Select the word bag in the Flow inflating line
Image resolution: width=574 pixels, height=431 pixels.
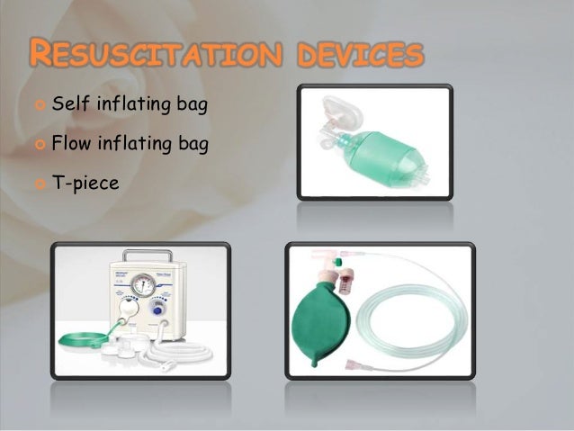tap(193, 142)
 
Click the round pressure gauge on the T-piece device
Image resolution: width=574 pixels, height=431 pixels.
tap(140, 288)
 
